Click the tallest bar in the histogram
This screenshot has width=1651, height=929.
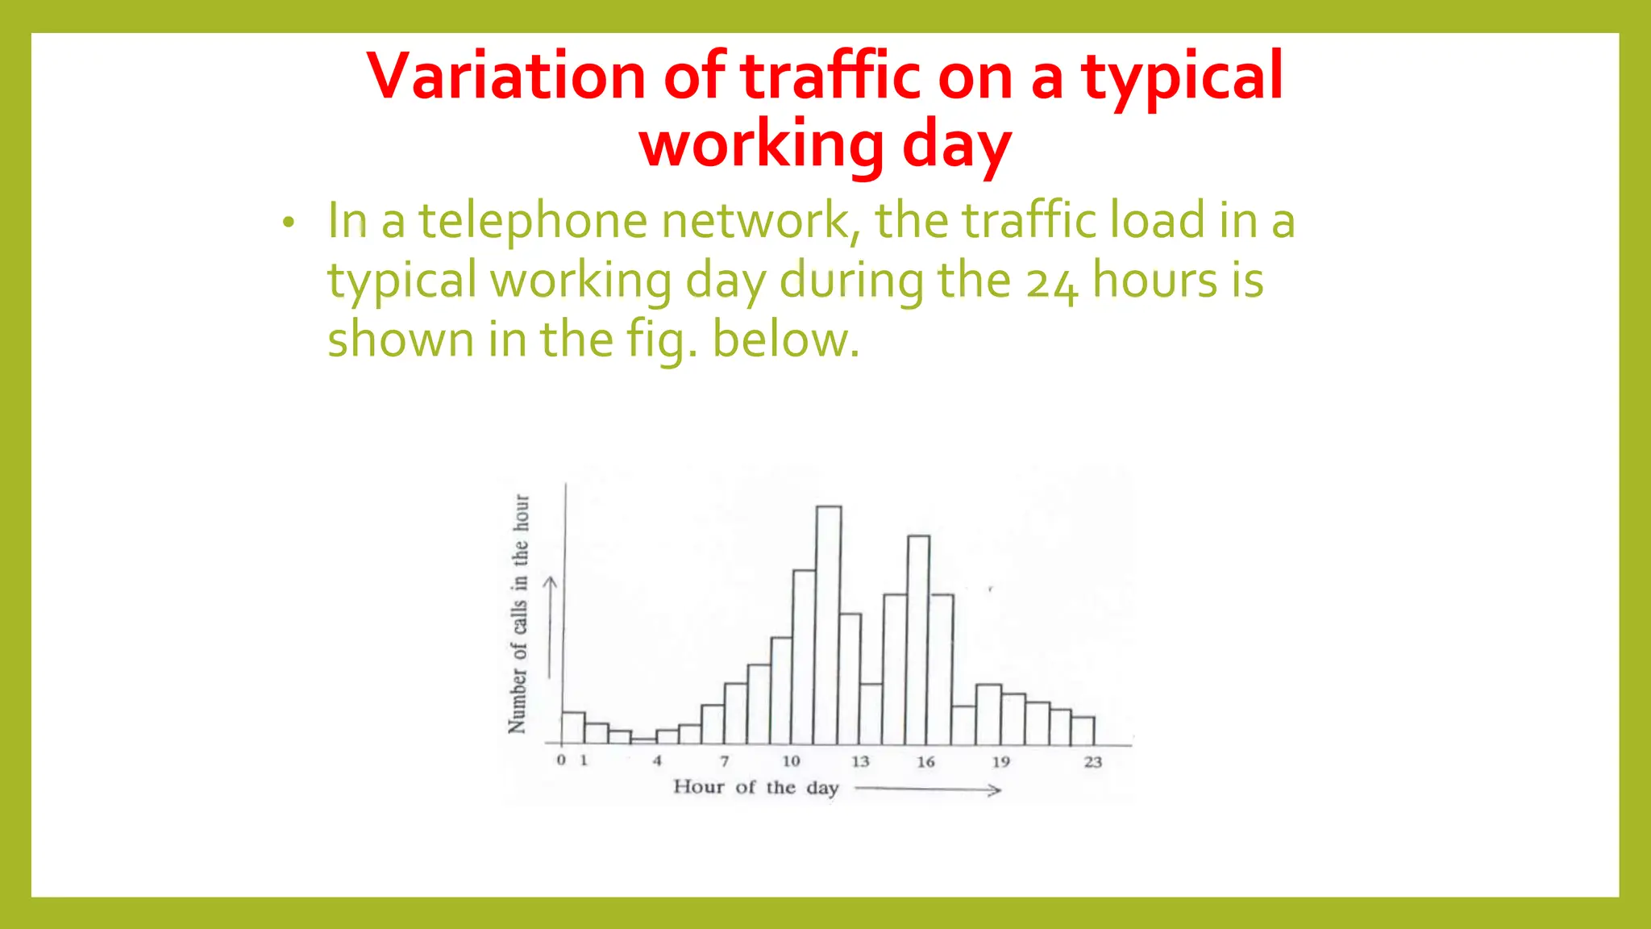829,625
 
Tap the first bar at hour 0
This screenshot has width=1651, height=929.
573,727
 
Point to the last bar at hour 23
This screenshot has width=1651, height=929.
1083,731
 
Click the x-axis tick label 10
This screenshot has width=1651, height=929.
791,761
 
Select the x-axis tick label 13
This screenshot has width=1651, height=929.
860,761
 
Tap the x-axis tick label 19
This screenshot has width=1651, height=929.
1000,762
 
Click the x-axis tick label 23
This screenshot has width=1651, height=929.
1092,762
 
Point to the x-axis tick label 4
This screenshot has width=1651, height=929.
657,760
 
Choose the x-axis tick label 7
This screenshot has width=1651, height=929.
725,760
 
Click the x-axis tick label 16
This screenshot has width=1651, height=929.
925,762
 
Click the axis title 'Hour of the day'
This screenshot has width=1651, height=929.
755,788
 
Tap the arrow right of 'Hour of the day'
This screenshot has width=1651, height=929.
927,790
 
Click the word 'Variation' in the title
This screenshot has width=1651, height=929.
506,76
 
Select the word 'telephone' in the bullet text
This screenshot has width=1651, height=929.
532,220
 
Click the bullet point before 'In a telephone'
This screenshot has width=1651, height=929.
289,223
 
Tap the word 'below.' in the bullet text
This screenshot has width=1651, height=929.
786,340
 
